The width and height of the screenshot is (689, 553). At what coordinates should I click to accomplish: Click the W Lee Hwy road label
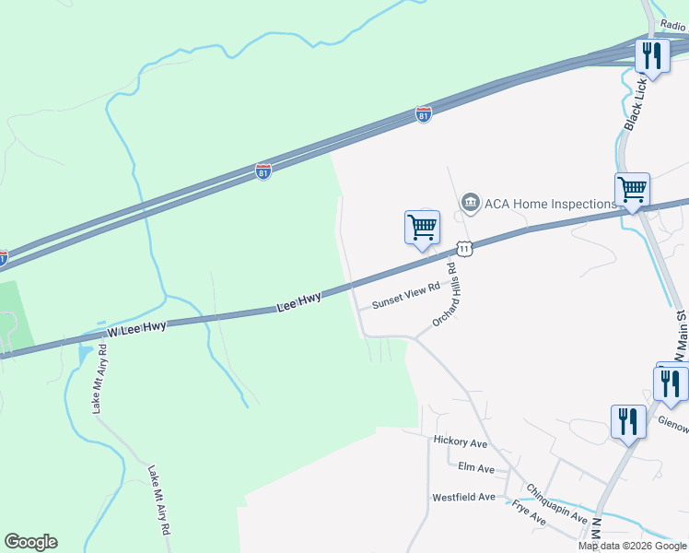pyautogui.click(x=136, y=328)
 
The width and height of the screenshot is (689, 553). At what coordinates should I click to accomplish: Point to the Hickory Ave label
pyautogui.click(x=460, y=442)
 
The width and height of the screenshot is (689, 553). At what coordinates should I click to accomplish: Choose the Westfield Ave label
pyautogui.click(x=464, y=498)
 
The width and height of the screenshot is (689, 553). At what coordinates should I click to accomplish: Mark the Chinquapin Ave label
pyautogui.click(x=557, y=504)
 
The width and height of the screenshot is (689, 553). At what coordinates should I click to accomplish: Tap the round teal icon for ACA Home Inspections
pyautogui.click(x=471, y=202)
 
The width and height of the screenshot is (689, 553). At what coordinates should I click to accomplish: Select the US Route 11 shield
pyautogui.click(x=464, y=249)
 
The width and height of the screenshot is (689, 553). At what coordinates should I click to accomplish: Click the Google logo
pyautogui.click(x=30, y=542)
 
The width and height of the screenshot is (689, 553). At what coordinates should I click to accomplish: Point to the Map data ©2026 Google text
pyautogui.click(x=633, y=546)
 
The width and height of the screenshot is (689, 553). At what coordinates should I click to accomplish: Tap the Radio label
pyautogui.click(x=673, y=28)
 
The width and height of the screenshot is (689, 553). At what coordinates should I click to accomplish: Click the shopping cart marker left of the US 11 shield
pyautogui.click(x=422, y=226)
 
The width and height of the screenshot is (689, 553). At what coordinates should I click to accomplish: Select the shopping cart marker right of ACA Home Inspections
pyautogui.click(x=632, y=189)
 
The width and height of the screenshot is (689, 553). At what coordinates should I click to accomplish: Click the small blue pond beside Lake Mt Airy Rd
pyautogui.click(x=86, y=354)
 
